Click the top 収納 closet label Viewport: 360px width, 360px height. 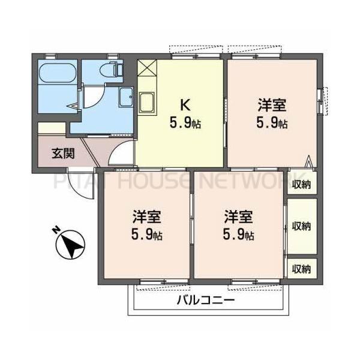tap(302, 184)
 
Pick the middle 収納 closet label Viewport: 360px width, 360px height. tap(302, 226)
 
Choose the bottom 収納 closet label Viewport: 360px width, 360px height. tap(302, 269)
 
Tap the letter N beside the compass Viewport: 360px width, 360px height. tap(55, 229)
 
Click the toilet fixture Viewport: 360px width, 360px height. tap(112, 70)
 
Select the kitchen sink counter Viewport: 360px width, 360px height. tap(148, 103)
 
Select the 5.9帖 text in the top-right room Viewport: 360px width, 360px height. tap(272, 124)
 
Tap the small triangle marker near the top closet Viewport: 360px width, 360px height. tap(309, 161)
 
